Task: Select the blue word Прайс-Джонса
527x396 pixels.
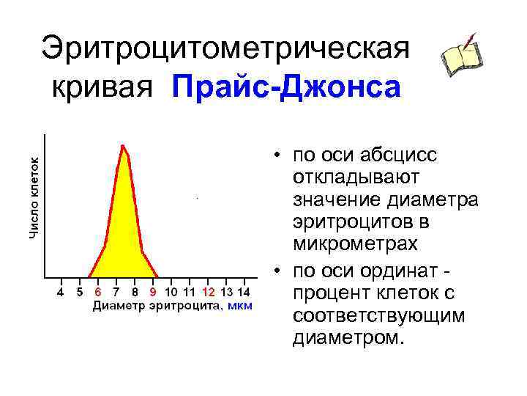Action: pos(286,87)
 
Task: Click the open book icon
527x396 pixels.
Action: pos(462,56)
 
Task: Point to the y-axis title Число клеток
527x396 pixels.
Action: pos(34,188)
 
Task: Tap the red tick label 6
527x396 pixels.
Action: pos(97,291)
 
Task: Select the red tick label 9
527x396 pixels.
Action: pos(153,291)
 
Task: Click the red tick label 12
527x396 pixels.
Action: pos(209,291)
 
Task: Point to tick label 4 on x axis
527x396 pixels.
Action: pos(60,291)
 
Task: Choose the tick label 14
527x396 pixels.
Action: pos(245,291)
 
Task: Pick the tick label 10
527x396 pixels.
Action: pos(171,291)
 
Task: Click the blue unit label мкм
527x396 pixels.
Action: pos(240,305)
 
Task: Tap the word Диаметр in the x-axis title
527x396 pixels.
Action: pos(117,305)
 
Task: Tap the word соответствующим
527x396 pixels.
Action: pos(378,316)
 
